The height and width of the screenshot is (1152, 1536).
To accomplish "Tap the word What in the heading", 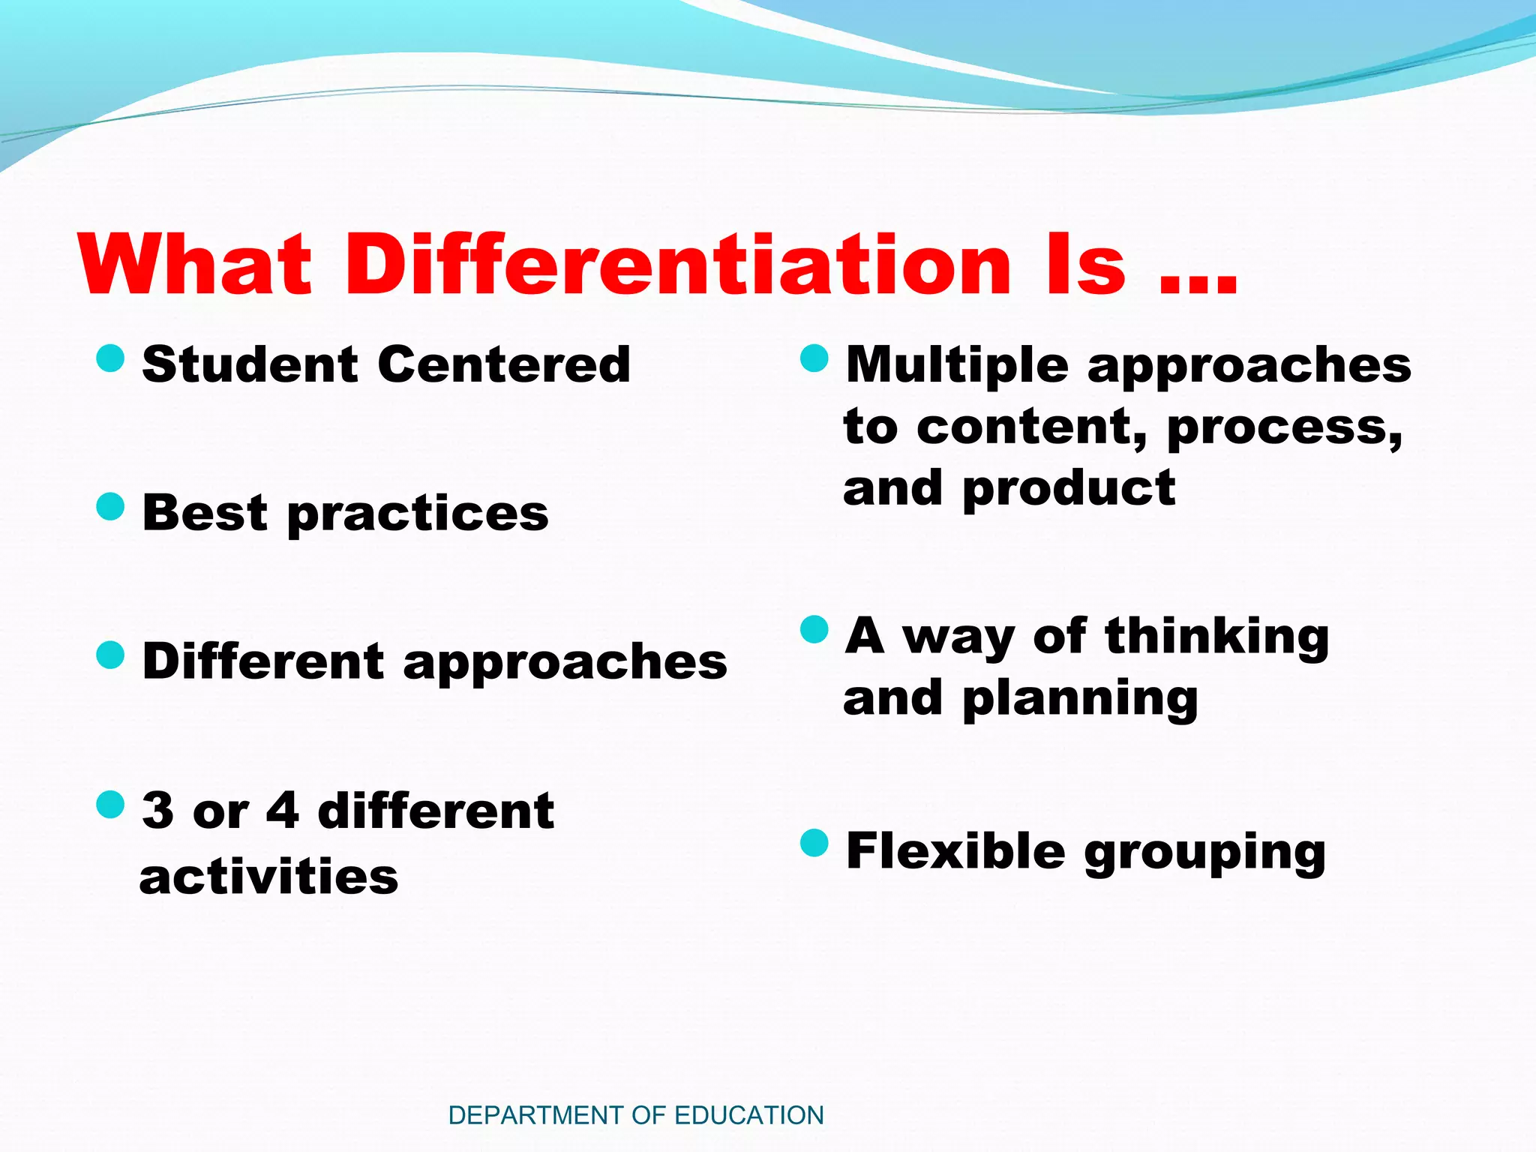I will point(195,264).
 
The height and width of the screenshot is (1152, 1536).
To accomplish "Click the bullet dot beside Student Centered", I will point(110,358).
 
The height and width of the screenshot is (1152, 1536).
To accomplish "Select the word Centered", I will point(504,364).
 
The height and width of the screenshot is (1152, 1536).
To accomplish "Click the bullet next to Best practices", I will point(110,507).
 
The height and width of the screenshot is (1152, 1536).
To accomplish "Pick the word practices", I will point(418,516).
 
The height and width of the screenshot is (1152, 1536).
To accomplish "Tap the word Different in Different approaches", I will point(263,661).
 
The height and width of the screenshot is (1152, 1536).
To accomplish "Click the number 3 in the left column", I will point(157,811).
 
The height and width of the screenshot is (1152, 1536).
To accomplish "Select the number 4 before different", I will point(283,811).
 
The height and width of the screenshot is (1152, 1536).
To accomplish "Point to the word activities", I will point(269,877).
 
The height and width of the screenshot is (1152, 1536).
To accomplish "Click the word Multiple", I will point(957,366).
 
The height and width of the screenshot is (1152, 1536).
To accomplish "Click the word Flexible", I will point(955,851).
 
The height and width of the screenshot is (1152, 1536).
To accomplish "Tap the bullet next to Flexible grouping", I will point(814,843).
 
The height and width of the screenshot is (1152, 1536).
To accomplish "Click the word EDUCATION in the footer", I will point(749,1115).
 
